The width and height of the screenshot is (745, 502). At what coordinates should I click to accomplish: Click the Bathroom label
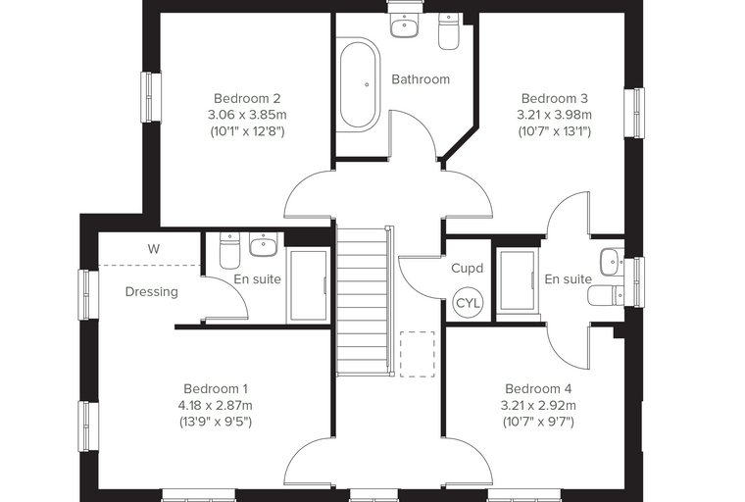coord(421,79)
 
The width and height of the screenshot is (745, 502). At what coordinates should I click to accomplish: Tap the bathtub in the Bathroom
coord(360,84)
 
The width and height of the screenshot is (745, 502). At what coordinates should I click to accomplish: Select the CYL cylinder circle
coord(468,303)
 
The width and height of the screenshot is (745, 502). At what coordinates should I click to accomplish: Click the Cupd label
coord(467,268)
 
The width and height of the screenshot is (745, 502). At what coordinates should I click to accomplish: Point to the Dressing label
coord(152,292)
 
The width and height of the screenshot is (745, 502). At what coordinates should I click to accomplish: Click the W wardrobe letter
coord(154,249)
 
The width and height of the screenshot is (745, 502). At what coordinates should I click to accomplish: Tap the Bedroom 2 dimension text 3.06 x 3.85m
coord(247,115)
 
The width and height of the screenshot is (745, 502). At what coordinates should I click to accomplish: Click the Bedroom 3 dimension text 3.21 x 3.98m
coord(555,115)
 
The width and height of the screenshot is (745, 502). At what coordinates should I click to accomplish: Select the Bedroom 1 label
coord(216,389)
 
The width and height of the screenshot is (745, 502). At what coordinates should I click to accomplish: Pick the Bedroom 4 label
coord(538,389)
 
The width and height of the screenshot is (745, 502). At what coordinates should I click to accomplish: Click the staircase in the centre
coord(366,301)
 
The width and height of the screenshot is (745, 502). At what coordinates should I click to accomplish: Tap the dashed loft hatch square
coord(418,354)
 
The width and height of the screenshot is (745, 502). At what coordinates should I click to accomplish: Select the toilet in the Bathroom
coord(448,31)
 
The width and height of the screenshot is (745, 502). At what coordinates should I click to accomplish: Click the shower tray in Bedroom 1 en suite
coord(308,285)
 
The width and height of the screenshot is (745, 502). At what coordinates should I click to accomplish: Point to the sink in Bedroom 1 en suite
coord(264,245)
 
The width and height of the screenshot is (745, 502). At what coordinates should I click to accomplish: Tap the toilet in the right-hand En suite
coord(606,296)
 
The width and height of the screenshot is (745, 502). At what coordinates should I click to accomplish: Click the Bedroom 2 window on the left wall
coord(151,97)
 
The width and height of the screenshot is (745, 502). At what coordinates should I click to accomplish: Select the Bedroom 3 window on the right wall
coord(634,113)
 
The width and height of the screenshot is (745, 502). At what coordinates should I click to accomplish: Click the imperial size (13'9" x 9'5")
coord(216,422)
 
